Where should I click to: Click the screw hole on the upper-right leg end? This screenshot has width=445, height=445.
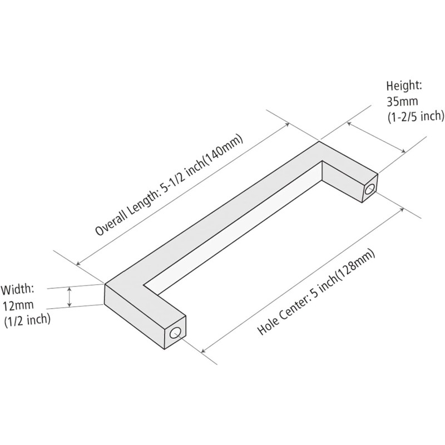[370, 189]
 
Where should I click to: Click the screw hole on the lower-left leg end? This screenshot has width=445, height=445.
[175, 333]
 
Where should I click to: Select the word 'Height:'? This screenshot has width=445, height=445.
[404, 86]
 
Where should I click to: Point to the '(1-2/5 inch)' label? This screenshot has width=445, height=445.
[416, 117]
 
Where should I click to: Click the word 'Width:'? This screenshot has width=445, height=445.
[18, 290]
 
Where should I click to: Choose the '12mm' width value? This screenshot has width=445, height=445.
[18, 305]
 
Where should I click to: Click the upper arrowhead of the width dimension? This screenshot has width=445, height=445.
[69, 289]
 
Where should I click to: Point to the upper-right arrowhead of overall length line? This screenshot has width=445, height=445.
[288, 124]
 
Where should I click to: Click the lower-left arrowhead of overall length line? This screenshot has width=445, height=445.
[78, 264]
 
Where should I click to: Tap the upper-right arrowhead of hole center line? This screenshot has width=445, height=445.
[402, 210]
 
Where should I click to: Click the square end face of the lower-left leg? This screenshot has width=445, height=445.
[175, 332]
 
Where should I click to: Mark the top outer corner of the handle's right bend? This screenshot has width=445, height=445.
[319, 141]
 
